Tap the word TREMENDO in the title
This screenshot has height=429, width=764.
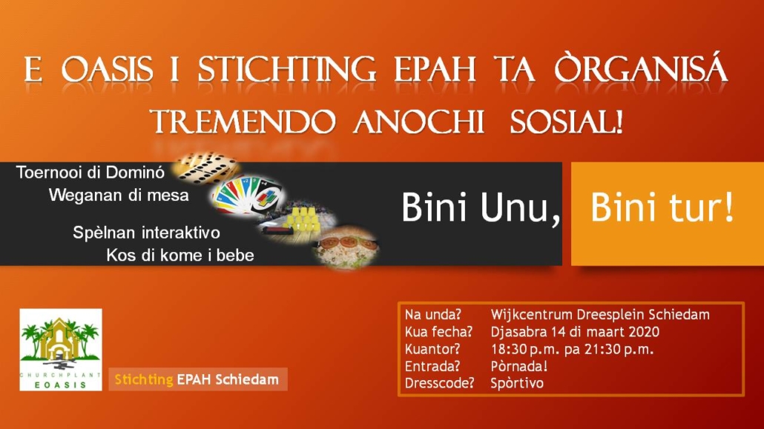coord(243,122)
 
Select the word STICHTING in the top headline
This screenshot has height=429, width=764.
coord(287,69)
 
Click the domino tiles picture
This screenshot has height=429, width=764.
coord(207,167)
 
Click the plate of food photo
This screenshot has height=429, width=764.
coord(346,247)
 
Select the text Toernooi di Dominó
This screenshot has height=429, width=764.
coord(90,172)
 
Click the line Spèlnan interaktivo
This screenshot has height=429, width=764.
coord(146,232)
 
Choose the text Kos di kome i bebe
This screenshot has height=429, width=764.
coord(180,255)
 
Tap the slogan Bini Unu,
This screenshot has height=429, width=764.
coord(481,208)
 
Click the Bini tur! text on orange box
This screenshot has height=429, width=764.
coord(662,207)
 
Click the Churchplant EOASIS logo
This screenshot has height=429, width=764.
coord(61,349)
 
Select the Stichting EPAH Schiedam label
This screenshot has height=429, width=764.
coord(197,379)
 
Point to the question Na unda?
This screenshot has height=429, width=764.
coord(432,315)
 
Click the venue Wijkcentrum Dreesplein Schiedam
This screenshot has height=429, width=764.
coord(600,315)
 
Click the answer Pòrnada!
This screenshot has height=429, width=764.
coord(519,366)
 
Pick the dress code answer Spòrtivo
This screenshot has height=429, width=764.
coord(517,383)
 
